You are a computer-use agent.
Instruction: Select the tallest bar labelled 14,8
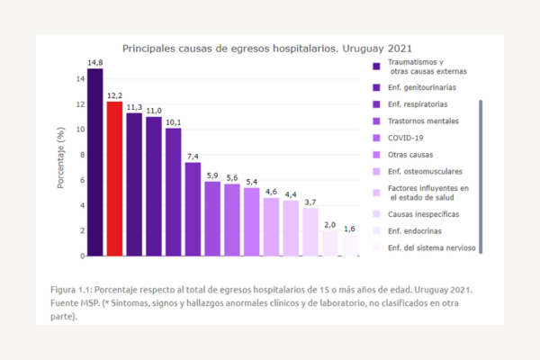click(x=94, y=162)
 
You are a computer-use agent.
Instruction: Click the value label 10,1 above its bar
click(x=173, y=122)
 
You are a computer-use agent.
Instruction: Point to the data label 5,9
click(x=212, y=175)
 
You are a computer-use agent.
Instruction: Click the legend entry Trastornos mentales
click(x=422, y=121)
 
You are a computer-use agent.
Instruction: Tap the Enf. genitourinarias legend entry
click(x=421, y=87)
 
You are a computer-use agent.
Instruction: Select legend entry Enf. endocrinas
click(x=413, y=231)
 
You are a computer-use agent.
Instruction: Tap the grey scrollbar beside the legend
click(x=481, y=175)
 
